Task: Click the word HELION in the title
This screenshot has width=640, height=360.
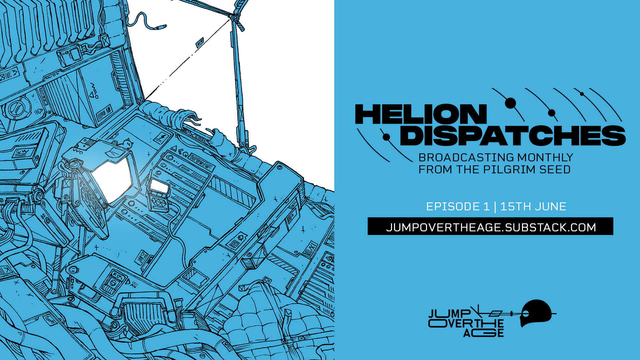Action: click(421, 114)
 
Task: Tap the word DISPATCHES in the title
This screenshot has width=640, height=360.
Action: click(512, 136)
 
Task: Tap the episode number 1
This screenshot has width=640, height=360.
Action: click(486, 207)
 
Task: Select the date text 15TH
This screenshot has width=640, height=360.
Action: click(515, 207)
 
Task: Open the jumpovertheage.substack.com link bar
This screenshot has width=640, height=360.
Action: click(490, 227)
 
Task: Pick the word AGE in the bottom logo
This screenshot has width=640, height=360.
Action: click(483, 333)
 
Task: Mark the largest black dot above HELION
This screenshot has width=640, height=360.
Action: click(510, 103)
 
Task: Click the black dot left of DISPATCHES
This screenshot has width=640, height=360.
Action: click(386, 137)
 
